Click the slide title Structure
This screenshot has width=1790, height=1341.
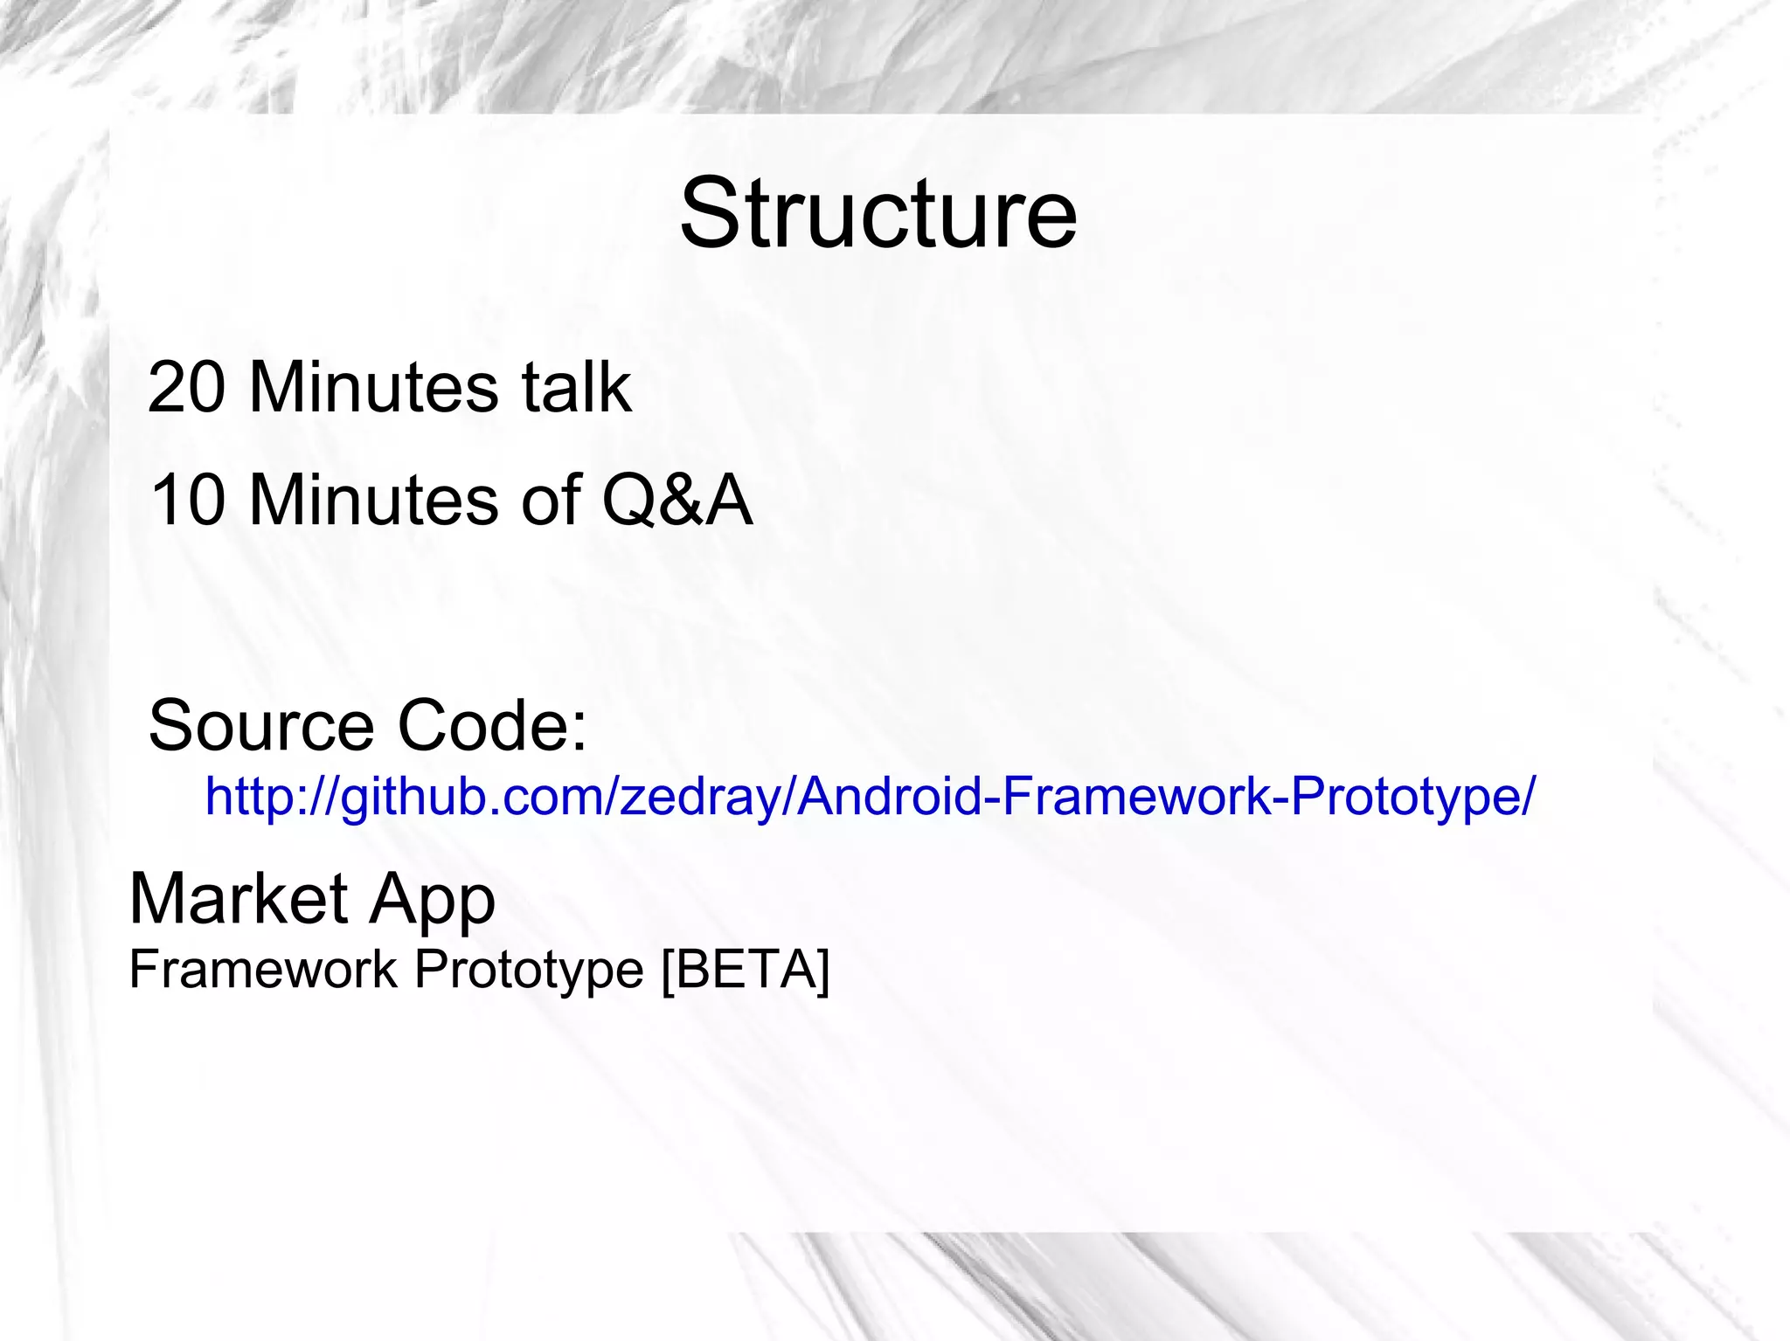click(x=878, y=214)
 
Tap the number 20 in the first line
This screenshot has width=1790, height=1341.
click(x=185, y=387)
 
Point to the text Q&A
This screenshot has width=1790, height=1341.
click(x=676, y=500)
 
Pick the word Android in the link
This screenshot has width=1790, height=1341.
click(x=891, y=796)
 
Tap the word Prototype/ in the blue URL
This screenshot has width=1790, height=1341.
click(x=1412, y=796)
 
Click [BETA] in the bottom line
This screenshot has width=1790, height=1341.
click(x=746, y=969)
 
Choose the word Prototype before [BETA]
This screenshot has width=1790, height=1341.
click(x=529, y=971)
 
